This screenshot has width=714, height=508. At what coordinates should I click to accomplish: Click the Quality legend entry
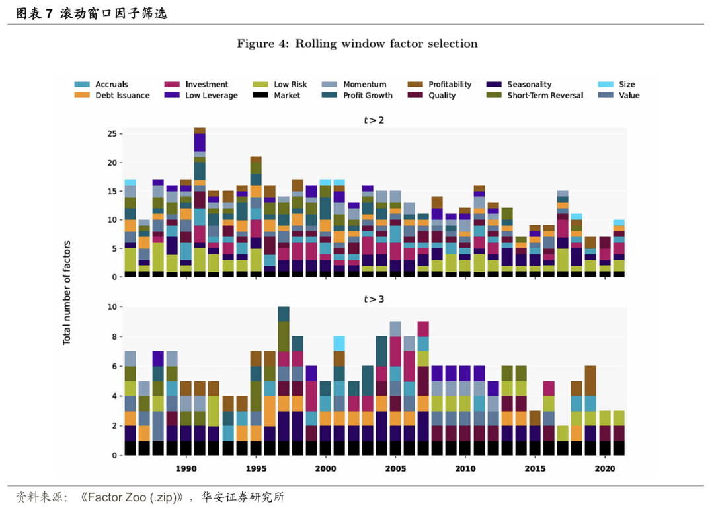click(x=442, y=95)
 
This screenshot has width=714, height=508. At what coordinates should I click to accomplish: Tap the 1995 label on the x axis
click(x=256, y=468)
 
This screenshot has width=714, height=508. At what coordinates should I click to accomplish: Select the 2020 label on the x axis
click(x=605, y=468)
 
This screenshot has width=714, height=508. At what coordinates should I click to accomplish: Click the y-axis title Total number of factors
click(x=67, y=293)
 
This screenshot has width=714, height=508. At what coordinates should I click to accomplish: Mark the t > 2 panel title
click(x=374, y=120)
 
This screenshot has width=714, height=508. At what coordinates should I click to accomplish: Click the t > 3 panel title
click(x=374, y=299)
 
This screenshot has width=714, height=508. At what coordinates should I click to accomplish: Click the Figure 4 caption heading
click(x=357, y=44)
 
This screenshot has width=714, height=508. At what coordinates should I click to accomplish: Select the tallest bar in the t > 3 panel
click(x=284, y=381)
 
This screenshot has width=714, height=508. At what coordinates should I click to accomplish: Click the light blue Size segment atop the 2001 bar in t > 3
click(x=339, y=344)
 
